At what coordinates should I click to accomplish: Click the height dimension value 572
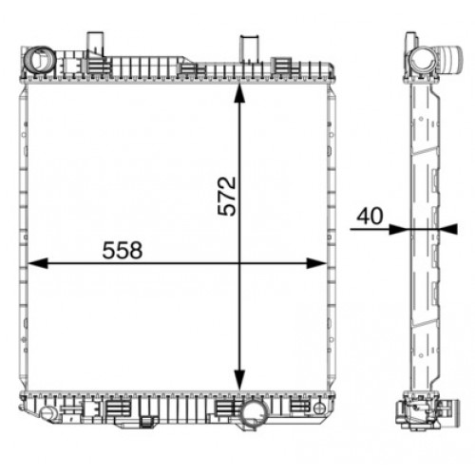(x=227, y=197)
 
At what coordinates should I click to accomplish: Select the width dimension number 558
(x=123, y=250)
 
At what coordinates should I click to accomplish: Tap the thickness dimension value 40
(x=370, y=216)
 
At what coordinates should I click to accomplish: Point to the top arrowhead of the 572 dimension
(x=239, y=93)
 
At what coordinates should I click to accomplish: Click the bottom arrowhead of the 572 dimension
(x=239, y=380)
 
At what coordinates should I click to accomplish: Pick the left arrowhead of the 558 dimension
(x=38, y=263)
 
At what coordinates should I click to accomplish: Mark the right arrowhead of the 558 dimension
(x=316, y=263)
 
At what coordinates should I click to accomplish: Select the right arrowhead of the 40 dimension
(x=448, y=229)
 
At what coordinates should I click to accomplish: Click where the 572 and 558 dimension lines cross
(x=239, y=263)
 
